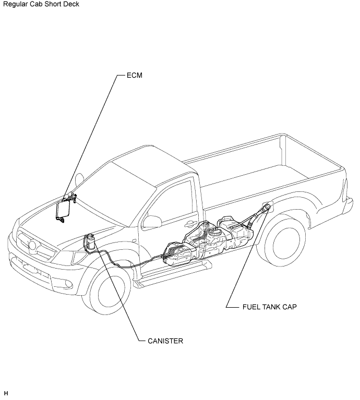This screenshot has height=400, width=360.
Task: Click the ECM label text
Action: (135, 75)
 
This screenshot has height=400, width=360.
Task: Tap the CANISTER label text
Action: (165, 341)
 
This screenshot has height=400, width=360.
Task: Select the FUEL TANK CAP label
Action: (269, 307)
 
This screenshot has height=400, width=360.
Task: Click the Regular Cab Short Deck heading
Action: (41, 4)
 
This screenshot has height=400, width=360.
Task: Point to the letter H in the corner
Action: (6, 393)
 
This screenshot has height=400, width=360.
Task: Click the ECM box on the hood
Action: (62, 210)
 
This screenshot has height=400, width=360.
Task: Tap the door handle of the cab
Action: (189, 224)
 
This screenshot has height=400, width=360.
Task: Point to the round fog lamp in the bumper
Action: (69, 284)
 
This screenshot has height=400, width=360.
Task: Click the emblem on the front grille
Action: (32, 245)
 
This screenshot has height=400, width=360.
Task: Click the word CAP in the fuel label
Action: (290, 307)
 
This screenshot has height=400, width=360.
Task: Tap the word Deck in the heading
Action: (72, 4)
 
